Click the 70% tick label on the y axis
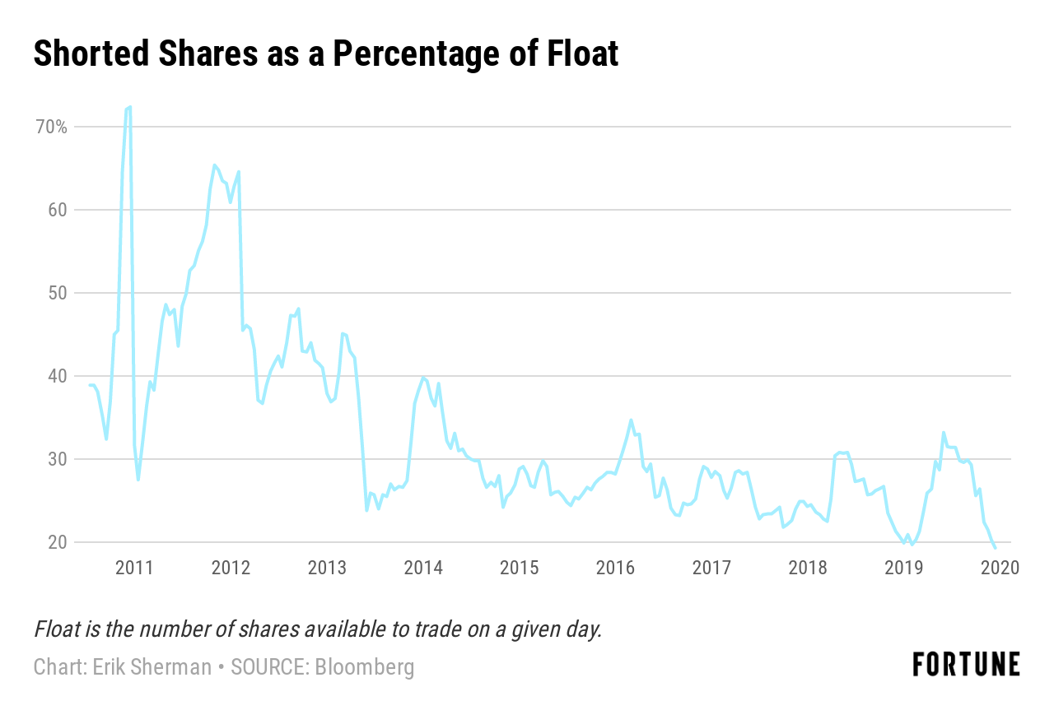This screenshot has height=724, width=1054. [x=50, y=128]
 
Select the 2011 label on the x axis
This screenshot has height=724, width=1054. [x=134, y=568]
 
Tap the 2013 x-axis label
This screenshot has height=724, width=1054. [x=327, y=568]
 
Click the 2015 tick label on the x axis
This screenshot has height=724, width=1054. [x=520, y=568]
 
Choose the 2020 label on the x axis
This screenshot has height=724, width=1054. [x=1000, y=568]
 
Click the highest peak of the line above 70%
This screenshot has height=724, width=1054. [x=130, y=107]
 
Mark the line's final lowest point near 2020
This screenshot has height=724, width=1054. [x=995, y=547]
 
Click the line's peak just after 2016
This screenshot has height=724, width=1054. [x=631, y=420]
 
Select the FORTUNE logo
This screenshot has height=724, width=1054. [x=966, y=665]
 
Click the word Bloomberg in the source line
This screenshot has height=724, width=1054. [x=364, y=666]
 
